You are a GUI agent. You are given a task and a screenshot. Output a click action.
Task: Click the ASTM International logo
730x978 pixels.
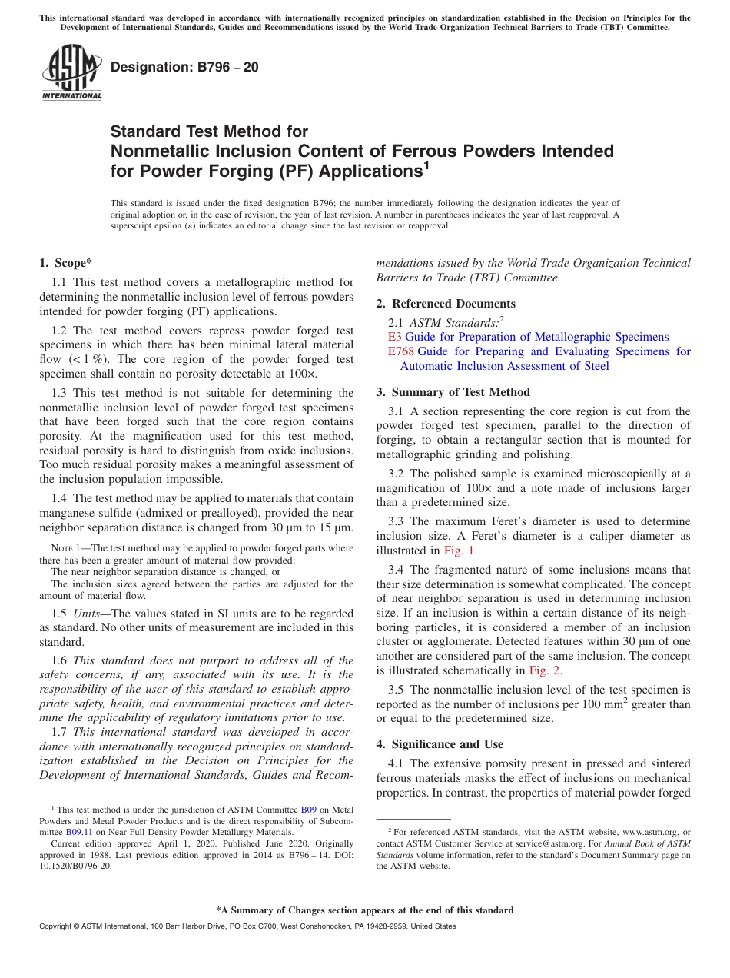pyautogui.click(x=71, y=73)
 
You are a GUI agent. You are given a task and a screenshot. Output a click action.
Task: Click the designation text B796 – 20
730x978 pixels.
pyautogui.click(x=184, y=68)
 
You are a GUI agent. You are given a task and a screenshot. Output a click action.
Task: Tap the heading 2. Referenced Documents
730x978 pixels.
pyautogui.click(x=446, y=303)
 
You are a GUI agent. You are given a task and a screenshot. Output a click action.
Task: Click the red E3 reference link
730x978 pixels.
pyautogui.click(x=395, y=337)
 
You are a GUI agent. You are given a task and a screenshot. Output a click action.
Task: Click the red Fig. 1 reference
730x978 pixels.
pyautogui.click(x=457, y=551)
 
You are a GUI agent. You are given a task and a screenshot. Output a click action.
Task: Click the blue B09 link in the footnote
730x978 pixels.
pyautogui.click(x=308, y=810)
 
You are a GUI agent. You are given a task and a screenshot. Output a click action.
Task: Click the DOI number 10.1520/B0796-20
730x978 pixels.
pyautogui.click(x=75, y=865)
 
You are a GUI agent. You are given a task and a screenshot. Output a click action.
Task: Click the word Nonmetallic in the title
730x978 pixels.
pyautogui.click(x=159, y=151)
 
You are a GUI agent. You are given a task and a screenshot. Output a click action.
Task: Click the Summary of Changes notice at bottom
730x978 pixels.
pyautogui.click(x=364, y=910)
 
